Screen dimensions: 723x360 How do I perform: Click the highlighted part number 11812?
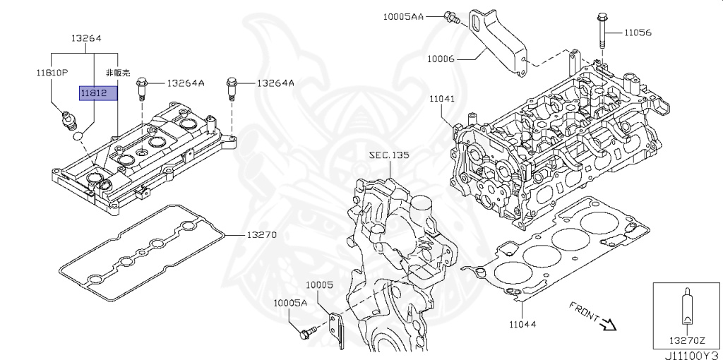(x=94, y=94)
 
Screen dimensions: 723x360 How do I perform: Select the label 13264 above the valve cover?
(x=86, y=38)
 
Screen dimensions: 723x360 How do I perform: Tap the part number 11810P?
(x=52, y=73)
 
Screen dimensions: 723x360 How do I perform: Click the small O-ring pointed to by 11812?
(x=78, y=136)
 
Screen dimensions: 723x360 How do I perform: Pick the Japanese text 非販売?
(x=118, y=73)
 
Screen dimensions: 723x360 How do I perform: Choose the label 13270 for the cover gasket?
(x=261, y=235)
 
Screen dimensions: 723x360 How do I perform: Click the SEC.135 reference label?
(x=389, y=155)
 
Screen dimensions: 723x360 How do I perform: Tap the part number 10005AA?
(x=403, y=17)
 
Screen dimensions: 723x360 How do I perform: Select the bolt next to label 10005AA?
(x=452, y=18)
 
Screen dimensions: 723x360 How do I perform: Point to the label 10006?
(x=441, y=59)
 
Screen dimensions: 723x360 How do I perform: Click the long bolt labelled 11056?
(x=602, y=32)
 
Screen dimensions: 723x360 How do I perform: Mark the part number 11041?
(x=442, y=99)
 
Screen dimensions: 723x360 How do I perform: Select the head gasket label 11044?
(x=523, y=325)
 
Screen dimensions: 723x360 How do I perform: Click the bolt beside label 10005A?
(x=309, y=332)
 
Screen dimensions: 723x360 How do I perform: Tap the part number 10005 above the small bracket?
(x=320, y=285)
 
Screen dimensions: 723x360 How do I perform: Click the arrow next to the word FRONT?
(x=609, y=323)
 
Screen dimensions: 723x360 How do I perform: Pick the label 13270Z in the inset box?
(x=687, y=341)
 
